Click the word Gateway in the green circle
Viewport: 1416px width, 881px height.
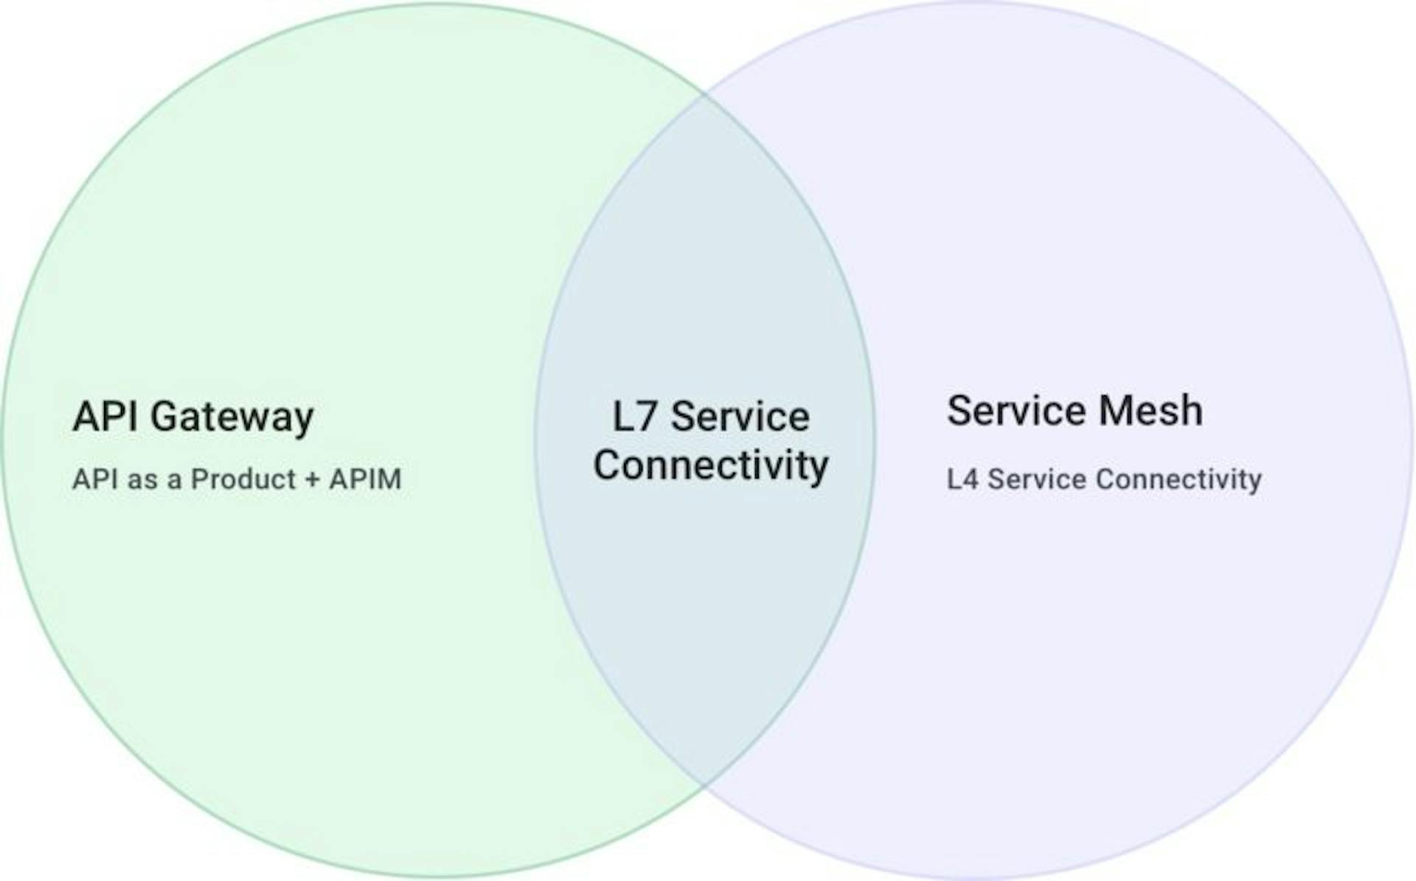click(232, 418)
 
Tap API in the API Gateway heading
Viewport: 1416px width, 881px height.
click(105, 416)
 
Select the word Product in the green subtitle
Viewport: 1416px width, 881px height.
click(243, 479)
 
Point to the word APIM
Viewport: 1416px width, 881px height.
click(365, 479)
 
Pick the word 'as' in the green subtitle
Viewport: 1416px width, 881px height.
click(143, 481)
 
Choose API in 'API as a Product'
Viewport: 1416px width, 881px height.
click(95, 479)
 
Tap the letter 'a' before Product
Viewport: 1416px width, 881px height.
click(175, 481)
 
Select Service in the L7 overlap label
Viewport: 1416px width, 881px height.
click(740, 417)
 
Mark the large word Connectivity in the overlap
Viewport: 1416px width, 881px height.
click(711, 466)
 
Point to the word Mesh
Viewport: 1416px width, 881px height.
click(1150, 411)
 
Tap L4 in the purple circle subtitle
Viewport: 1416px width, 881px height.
click(962, 479)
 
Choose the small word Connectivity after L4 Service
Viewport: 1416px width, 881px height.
click(1179, 480)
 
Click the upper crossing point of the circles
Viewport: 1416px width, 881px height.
click(705, 94)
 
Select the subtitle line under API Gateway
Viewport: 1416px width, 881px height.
click(237, 479)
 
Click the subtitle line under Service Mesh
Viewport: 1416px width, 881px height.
click(1104, 480)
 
